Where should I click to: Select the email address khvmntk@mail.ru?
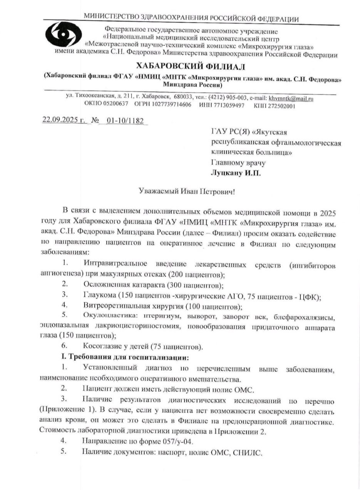click(x=291, y=99)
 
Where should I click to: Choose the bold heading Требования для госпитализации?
click(x=129, y=356)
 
